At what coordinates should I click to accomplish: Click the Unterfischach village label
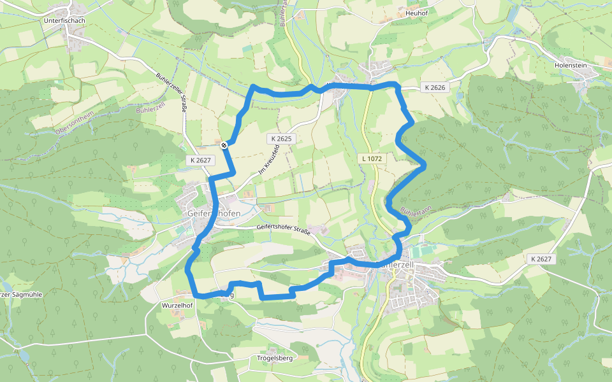(x=64, y=20)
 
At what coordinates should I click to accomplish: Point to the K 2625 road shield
(x=280, y=138)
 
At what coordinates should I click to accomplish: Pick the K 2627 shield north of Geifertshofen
(x=200, y=160)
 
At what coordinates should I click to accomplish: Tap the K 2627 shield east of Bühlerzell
(x=540, y=259)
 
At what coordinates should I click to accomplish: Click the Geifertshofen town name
(x=214, y=213)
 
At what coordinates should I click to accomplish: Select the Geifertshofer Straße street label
(x=283, y=229)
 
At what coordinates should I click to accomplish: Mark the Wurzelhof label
(x=174, y=306)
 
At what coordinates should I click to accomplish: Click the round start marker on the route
(x=224, y=146)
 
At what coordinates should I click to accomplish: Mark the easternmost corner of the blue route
(x=425, y=166)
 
